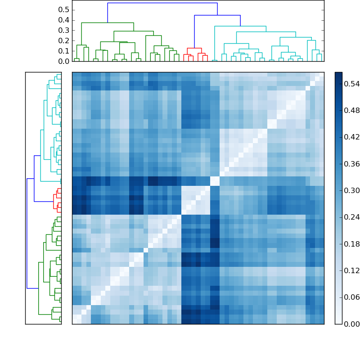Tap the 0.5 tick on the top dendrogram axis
coord(64,10)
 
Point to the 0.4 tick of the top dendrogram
coord(64,20)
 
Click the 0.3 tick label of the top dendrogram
coord(64,31)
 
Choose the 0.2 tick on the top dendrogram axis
coord(64,41)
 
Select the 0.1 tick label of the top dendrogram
coord(64,51)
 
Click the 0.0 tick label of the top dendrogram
coord(64,61)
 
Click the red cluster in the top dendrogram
coord(194,48)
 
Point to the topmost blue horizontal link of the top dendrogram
coord(162,3)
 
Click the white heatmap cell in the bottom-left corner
coord(74,321)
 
